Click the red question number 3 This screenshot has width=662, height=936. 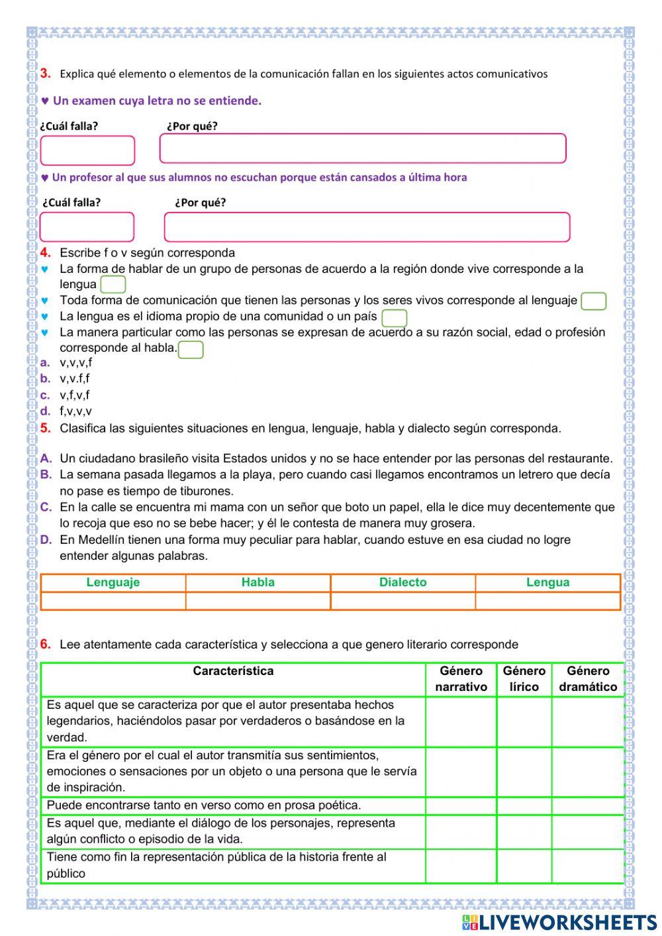[45, 74]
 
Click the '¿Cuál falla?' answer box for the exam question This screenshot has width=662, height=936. [87, 150]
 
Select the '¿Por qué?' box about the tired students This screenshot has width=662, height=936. [367, 227]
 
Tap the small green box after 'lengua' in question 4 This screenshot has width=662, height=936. [113, 285]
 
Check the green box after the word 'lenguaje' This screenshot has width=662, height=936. [593, 301]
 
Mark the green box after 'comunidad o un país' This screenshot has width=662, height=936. [395, 318]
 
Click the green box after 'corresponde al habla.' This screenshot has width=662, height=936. [191, 349]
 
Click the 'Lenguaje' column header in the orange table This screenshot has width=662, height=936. [113, 582]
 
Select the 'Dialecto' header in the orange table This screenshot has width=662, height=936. [402, 582]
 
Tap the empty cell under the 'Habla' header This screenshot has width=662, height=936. [258, 600]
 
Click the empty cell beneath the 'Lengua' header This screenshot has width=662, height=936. [547, 600]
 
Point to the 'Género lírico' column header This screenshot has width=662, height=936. [524, 679]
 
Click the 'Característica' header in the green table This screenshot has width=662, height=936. [233, 671]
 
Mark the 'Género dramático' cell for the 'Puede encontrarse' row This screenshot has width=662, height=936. [587, 806]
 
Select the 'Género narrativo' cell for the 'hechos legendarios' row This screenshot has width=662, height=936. [461, 721]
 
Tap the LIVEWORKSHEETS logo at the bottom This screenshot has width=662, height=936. [559, 922]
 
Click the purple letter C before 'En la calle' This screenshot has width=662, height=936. [46, 507]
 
